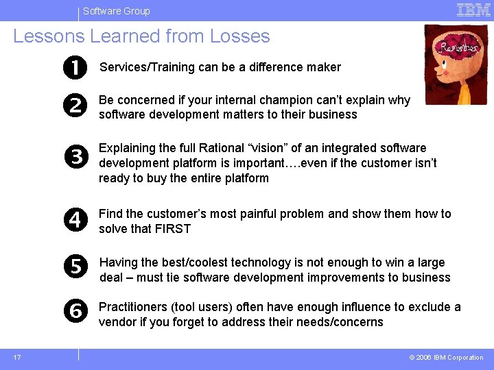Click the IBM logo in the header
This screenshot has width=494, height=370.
tap(473, 10)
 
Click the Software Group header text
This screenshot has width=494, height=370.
tap(116, 11)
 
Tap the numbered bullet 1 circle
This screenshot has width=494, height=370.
tap(76, 67)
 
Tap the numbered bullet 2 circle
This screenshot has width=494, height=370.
tap(76, 106)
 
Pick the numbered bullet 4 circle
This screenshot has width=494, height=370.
tap(76, 221)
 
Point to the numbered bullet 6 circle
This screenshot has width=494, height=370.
tap(76, 311)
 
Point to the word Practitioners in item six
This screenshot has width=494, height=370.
tap(132, 307)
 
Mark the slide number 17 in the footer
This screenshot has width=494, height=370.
tap(16, 357)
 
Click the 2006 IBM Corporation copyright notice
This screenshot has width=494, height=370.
tap(446, 358)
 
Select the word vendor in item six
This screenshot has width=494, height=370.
tap(117, 322)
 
